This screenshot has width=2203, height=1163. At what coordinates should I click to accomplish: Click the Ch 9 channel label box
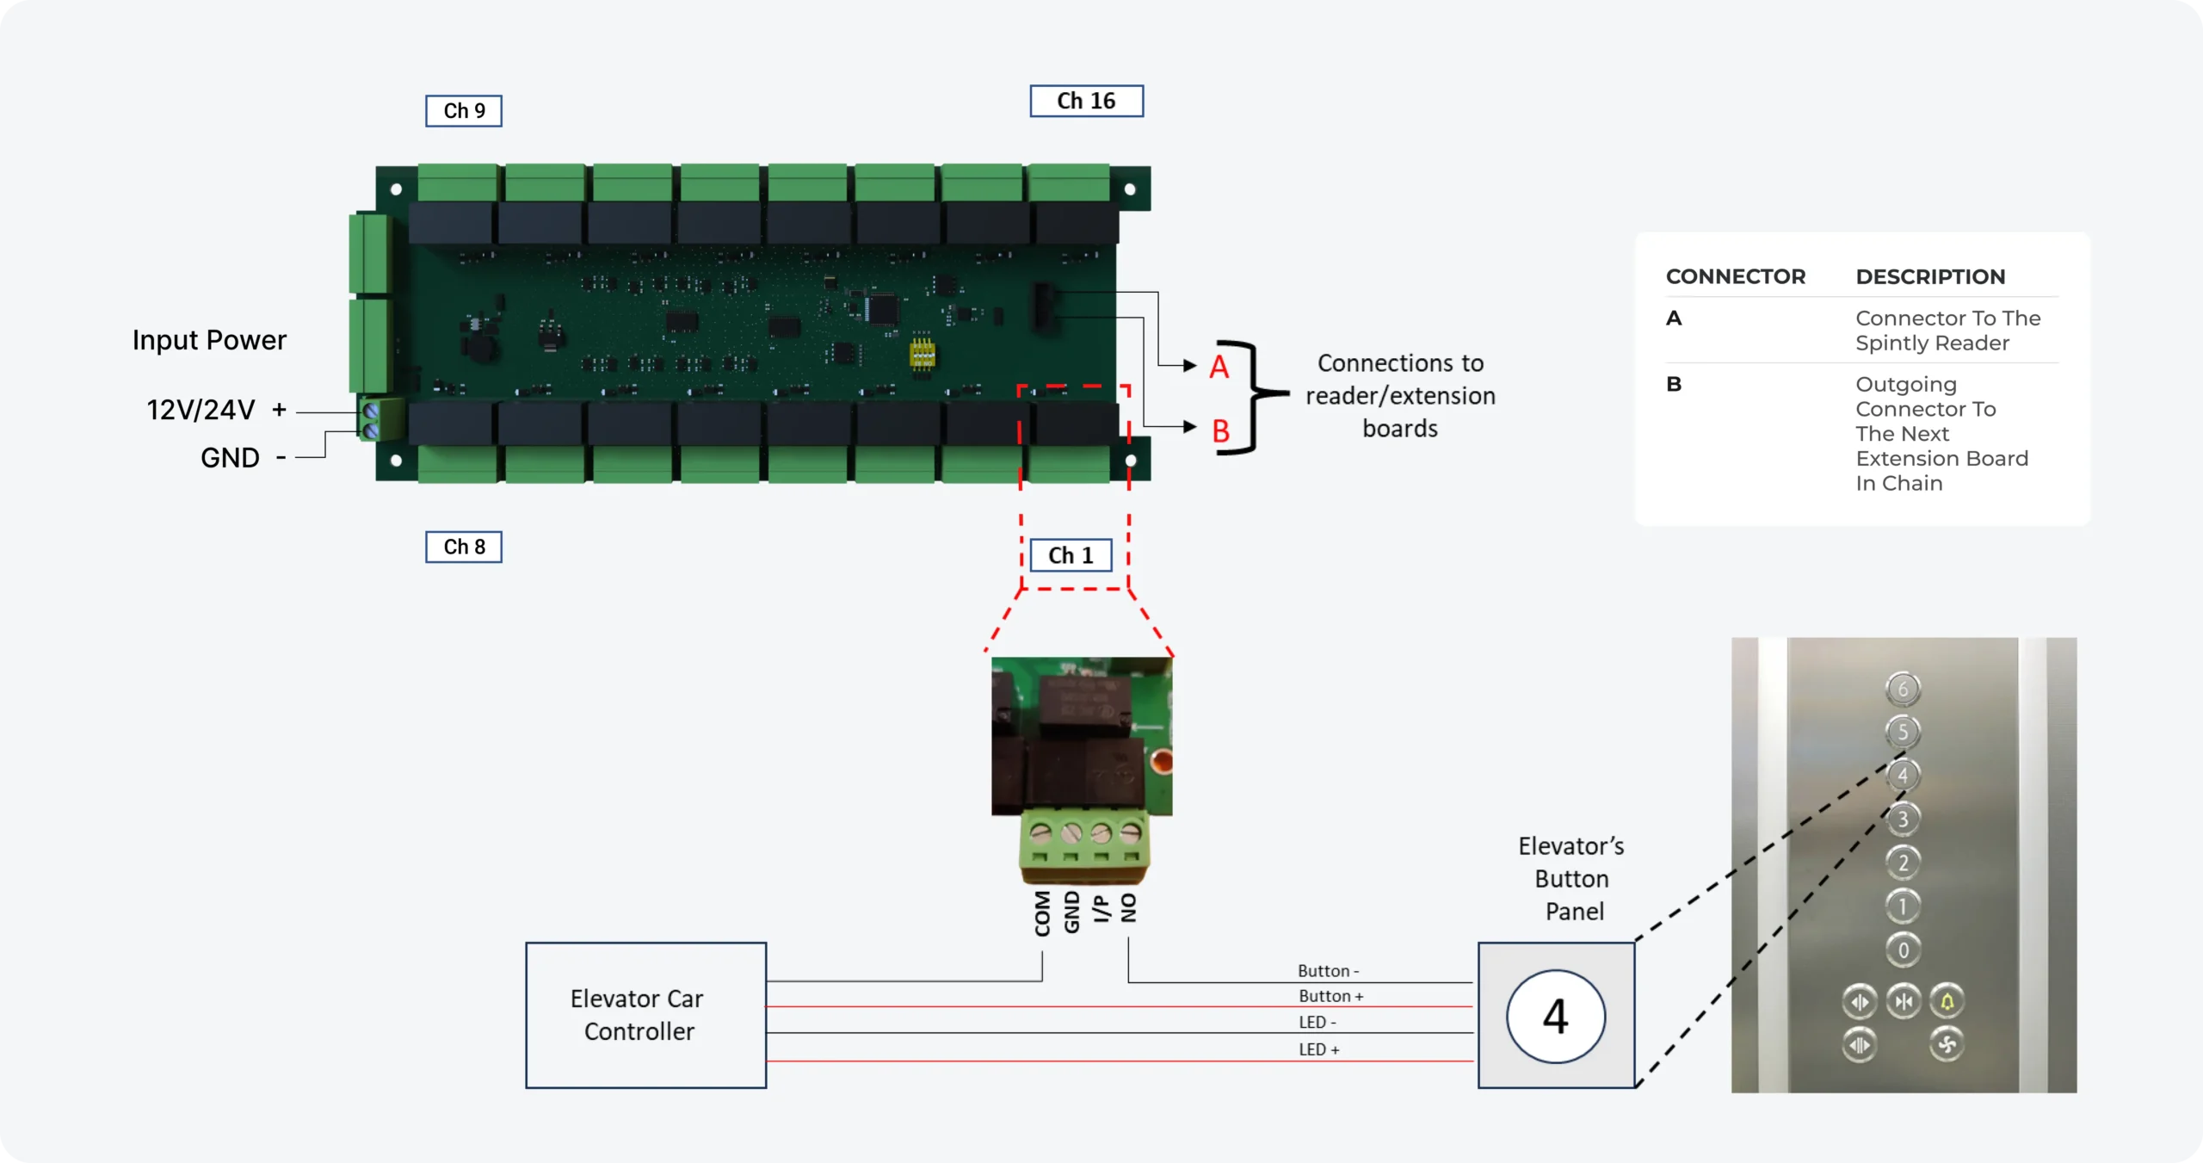point(464,111)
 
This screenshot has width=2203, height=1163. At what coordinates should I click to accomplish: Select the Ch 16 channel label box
point(1086,102)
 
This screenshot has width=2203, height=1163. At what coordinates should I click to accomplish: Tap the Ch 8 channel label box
point(464,547)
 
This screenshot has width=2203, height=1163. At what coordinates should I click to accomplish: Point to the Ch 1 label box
point(1071,555)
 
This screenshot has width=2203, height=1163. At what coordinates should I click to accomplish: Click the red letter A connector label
point(1219,367)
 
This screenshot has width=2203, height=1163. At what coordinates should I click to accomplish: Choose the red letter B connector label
point(1220,430)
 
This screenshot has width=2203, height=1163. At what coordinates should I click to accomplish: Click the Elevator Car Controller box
point(645,1015)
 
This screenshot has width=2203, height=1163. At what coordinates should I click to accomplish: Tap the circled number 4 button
point(1555,1016)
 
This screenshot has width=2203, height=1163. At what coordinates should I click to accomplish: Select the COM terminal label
point(1042,912)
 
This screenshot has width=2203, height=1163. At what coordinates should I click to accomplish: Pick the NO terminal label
point(1129,907)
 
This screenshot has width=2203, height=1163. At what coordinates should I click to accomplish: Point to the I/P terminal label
point(1101,908)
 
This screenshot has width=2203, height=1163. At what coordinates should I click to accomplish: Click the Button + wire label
point(1330,996)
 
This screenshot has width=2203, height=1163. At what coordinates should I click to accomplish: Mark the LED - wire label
point(1317,1022)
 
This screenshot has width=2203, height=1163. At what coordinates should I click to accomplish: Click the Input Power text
point(209,340)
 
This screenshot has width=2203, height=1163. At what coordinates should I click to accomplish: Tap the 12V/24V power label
point(201,410)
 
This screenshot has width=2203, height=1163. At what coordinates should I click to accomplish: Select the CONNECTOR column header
point(1735,276)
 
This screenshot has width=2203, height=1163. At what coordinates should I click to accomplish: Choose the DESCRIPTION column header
point(1930,276)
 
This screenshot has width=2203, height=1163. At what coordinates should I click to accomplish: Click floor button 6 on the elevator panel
point(1903,689)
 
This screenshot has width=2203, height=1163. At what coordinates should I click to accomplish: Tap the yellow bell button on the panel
point(1947,1001)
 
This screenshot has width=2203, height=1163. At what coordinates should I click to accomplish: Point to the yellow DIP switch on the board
point(922,352)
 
